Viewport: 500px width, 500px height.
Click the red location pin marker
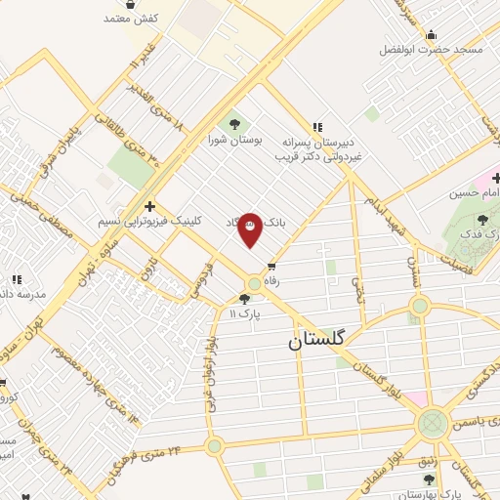pos(250,230)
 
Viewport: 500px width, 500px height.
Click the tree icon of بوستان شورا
pos(233,124)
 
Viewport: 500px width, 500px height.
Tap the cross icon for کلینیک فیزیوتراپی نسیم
pos(148,206)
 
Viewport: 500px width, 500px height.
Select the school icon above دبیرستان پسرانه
pos(316,126)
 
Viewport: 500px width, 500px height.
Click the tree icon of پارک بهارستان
pos(429,479)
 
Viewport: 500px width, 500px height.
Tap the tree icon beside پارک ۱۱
pos(244,299)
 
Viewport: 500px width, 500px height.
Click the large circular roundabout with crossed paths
pos(431,425)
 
